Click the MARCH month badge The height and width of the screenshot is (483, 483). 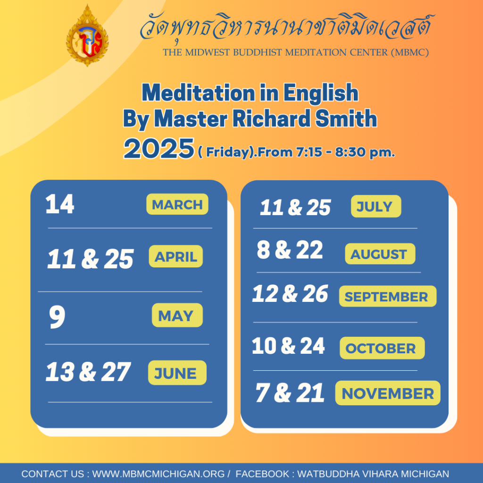(177, 204)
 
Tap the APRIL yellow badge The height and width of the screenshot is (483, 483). (176, 256)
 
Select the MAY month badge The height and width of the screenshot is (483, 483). (177, 315)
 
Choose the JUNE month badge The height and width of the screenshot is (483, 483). (177, 373)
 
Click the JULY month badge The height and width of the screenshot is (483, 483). (376, 206)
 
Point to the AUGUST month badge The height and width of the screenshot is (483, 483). (380, 254)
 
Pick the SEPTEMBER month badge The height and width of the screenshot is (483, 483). (388, 296)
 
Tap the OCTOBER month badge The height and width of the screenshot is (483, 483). (382, 348)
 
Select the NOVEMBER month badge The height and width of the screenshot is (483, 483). (388, 393)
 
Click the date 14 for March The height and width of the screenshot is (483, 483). (60, 204)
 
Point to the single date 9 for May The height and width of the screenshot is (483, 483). (57, 316)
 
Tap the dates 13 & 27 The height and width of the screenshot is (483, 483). (88, 372)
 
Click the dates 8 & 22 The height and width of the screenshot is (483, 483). (290, 250)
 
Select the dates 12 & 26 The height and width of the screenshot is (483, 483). (290, 293)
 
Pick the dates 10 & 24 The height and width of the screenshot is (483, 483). (288, 346)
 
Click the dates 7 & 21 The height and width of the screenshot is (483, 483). (290, 392)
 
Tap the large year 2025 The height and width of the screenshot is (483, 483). (159, 149)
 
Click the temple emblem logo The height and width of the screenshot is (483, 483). (87, 36)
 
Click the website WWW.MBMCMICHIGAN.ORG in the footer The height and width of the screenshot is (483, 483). (158, 474)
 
